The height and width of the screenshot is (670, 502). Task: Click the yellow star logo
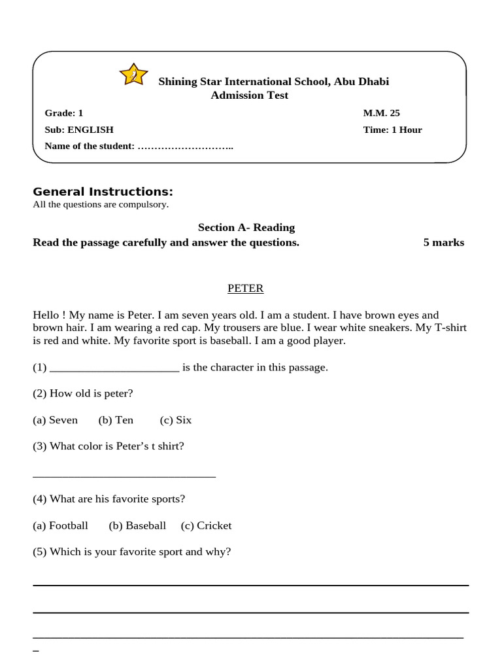[x=133, y=75]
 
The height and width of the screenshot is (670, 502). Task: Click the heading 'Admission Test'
[x=249, y=96]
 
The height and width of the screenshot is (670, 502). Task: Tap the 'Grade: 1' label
[x=64, y=113]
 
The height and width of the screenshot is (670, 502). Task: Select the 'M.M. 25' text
[x=382, y=113]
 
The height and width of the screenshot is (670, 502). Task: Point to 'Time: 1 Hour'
[x=392, y=130]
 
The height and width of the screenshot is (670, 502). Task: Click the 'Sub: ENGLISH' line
[x=79, y=130]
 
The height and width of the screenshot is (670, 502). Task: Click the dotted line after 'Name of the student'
[x=186, y=146]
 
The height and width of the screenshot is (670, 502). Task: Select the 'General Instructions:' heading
[x=103, y=192]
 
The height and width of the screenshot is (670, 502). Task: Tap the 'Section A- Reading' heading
[x=246, y=227]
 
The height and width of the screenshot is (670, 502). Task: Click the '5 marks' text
[x=444, y=243]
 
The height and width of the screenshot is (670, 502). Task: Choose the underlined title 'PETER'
[x=246, y=288]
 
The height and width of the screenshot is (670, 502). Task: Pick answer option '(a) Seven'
[x=56, y=420]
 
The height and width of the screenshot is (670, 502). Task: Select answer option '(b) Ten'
[x=116, y=420]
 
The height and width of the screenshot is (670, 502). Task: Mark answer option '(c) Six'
[x=175, y=420]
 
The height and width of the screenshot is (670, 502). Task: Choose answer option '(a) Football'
[x=60, y=525]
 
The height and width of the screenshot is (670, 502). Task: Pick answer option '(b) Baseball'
[x=137, y=525]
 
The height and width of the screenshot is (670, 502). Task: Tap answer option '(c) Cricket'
[x=207, y=525]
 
